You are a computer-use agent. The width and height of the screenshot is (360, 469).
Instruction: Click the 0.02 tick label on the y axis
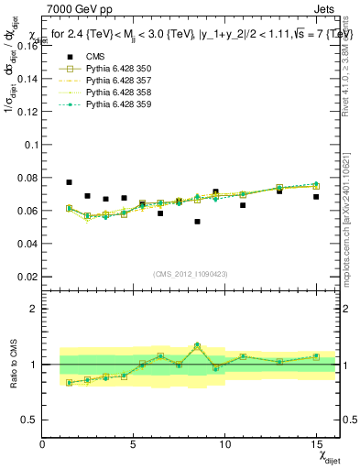pyautogui.click(x=27, y=277)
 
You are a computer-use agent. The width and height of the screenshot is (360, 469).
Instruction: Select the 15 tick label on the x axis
pyautogui.click(x=315, y=444)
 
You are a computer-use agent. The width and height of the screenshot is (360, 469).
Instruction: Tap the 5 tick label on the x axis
pyautogui.click(x=134, y=444)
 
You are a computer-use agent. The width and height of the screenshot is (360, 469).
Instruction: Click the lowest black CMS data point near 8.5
pyautogui.click(x=197, y=222)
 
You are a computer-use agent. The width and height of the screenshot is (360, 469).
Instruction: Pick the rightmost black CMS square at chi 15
pyautogui.click(x=316, y=197)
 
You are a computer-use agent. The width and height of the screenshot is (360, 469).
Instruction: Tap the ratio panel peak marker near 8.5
pyautogui.click(x=197, y=345)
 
